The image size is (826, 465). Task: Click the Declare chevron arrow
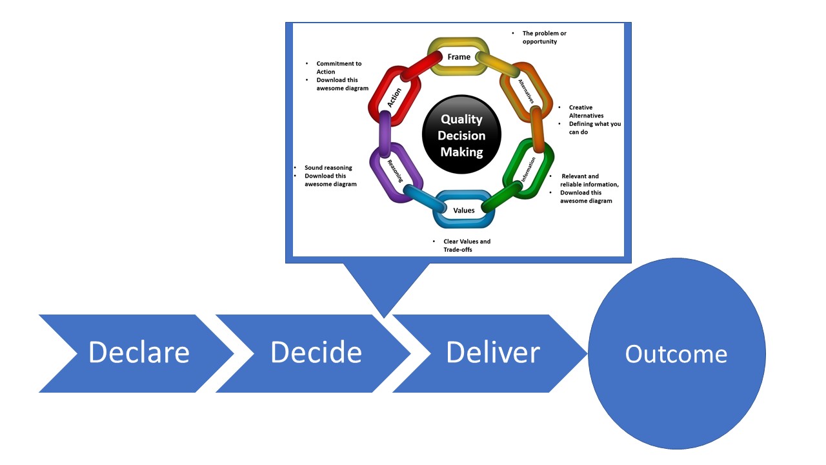point(139,353)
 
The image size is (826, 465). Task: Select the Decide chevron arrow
point(316,353)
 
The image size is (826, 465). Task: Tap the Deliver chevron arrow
point(493,353)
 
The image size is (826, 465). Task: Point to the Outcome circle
point(676,354)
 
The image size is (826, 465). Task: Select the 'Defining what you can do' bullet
point(594,128)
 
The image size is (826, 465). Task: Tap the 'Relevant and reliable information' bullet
point(589,180)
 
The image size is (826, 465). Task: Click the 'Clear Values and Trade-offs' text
point(467,245)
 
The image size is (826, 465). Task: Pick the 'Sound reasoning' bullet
point(328,168)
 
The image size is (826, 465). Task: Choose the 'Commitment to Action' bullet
point(338,68)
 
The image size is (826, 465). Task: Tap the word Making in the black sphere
point(461,152)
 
